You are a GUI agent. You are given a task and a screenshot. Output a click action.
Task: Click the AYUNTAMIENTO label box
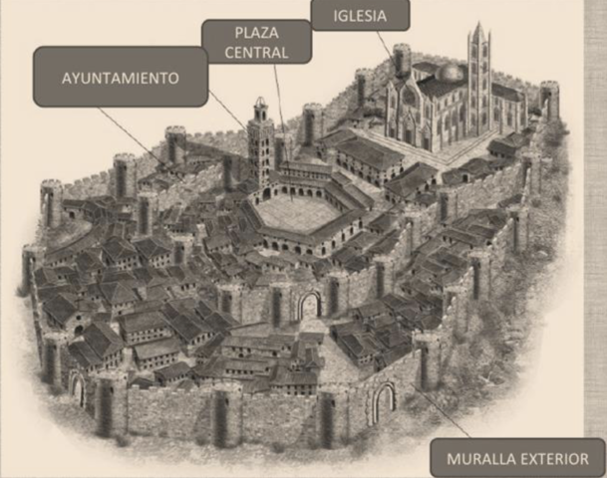[121, 77]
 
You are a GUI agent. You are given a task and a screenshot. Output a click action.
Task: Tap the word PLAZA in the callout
[257, 32]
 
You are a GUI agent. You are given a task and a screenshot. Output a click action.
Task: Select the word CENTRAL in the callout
[257, 52]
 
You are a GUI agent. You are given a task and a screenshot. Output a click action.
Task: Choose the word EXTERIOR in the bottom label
[554, 459]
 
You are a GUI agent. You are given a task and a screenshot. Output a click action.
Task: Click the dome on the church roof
[451, 72]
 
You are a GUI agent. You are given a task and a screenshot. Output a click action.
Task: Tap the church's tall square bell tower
[479, 80]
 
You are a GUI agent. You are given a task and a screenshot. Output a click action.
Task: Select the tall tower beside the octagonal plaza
[261, 144]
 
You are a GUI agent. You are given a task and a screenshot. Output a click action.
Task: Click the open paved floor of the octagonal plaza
[296, 212]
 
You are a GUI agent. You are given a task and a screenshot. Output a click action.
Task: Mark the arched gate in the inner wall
[310, 304]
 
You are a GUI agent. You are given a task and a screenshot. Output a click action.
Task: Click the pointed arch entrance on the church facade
[408, 129]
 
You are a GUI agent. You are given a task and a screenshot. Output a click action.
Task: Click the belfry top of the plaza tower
[260, 109]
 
